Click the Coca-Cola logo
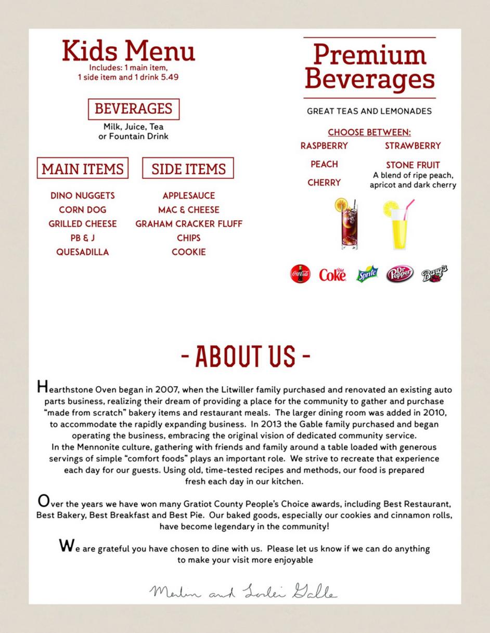pos(300,273)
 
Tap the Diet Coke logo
pos(332,274)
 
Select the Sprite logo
pos(367,274)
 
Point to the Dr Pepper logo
pos(399,273)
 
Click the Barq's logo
pos(434,273)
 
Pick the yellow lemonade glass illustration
pos(399,225)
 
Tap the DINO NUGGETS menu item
pos(83,196)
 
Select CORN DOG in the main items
pos(83,210)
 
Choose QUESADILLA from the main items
pos(83,252)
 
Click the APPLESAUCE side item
pos(189,196)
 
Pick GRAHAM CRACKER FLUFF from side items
pos(189,224)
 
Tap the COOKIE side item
pos(189,252)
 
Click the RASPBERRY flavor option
pos(324,146)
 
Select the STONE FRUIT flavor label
pos(413,165)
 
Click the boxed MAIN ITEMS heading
pos(83,169)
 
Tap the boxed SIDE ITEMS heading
pos(188,169)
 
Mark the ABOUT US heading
pos(246,356)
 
